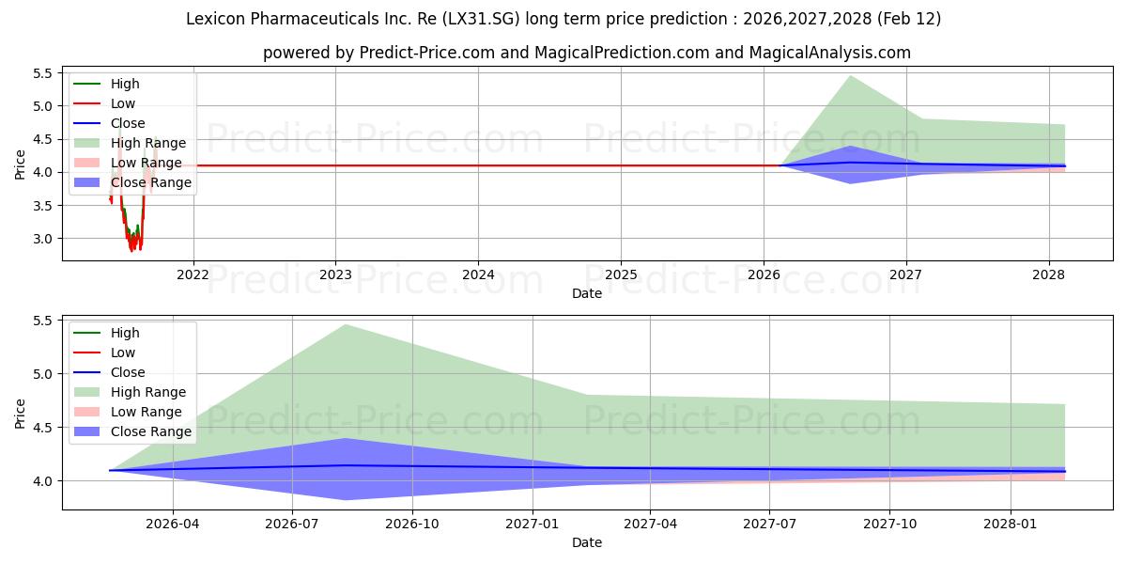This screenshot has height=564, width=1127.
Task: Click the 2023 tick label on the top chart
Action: [335, 274]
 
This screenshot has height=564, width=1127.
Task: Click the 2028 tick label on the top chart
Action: [1048, 274]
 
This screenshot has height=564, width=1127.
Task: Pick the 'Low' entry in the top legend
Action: [123, 103]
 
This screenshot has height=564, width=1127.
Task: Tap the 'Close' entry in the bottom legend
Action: [128, 372]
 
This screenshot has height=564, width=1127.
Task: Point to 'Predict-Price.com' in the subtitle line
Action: [427, 53]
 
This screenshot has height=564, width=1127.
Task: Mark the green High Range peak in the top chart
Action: [850, 75]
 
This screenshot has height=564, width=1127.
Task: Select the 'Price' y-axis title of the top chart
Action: [21, 164]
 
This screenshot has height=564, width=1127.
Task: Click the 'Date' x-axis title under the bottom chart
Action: [587, 542]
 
